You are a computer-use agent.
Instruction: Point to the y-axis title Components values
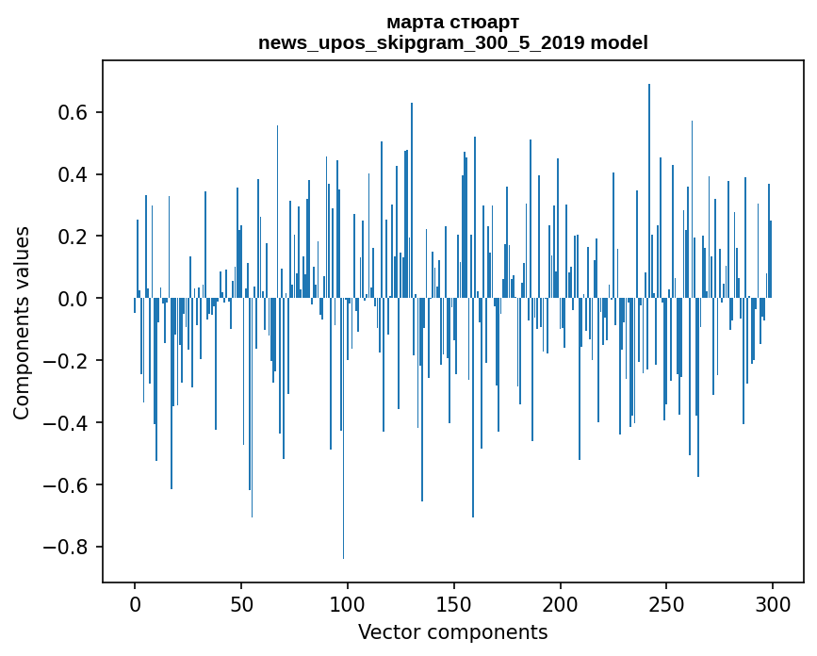click(x=22, y=322)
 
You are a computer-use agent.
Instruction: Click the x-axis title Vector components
click(x=452, y=631)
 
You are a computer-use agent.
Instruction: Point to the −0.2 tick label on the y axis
click(x=68, y=361)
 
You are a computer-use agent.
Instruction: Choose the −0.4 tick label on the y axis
click(x=68, y=423)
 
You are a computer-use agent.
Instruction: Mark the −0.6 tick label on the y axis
click(x=68, y=485)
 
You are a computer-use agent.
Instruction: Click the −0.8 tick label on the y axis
click(x=68, y=548)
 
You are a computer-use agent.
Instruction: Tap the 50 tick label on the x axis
click(x=241, y=602)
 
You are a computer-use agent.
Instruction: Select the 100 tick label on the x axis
click(x=348, y=602)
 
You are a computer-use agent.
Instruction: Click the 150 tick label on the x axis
click(x=454, y=602)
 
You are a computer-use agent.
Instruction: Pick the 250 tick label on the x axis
click(x=666, y=602)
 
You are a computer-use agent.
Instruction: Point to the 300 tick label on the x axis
click(x=773, y=602)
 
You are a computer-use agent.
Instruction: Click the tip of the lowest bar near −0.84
click(x=343, y=558)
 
